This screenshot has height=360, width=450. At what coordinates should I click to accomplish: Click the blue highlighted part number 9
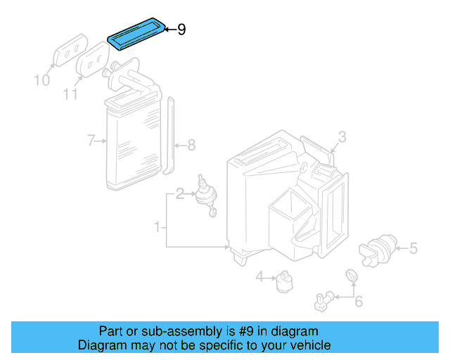click(136, 34)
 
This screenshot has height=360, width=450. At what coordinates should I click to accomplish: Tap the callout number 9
click(181, 30)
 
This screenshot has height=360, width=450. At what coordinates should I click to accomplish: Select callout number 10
click(42, 80)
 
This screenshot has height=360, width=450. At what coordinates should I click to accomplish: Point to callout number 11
click(70, 94)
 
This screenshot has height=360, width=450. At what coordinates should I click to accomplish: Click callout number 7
click(91, 141)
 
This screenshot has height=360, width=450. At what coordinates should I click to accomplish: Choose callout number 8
click(191, 146)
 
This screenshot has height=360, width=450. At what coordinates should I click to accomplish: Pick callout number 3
click(342, 137)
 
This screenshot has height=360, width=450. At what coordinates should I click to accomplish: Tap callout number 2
click(180, 194)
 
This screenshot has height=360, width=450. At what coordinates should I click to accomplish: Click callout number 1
click(157, 227)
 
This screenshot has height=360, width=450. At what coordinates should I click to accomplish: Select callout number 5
click(413, 248)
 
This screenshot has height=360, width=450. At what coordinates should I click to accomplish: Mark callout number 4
click(259, 277)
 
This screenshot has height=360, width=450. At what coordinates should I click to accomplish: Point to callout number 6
click(359, 301)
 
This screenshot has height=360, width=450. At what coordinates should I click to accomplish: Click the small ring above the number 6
click(352, 276)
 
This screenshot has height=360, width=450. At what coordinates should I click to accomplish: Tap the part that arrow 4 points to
click(284, 281)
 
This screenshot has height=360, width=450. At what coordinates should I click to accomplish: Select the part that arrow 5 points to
click(378, 250)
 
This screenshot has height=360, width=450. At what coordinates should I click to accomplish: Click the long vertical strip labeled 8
click(169, 136)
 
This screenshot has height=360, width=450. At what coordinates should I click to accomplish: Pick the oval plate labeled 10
click(70, 50)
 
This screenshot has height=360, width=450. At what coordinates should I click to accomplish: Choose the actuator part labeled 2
click(206, 195)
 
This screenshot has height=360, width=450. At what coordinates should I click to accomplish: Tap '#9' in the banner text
click(246, 331)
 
